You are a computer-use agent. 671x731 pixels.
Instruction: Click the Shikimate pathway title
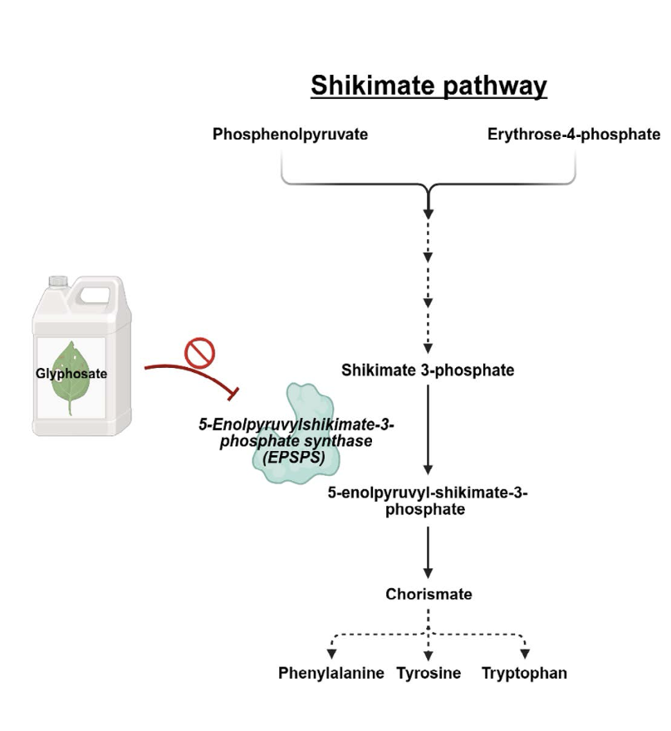429,86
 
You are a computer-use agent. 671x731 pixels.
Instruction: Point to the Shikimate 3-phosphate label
428,370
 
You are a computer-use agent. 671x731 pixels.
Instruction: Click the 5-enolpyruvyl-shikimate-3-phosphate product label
428,501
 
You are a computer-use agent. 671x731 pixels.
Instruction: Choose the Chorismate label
429,595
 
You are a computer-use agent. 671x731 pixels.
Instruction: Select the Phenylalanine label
331,674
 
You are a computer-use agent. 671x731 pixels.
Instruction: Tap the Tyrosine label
429,674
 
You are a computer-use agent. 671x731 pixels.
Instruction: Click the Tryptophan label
524,674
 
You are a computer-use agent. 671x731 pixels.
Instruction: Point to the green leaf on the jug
71,378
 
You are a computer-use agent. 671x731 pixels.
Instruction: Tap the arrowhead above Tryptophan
525,655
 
